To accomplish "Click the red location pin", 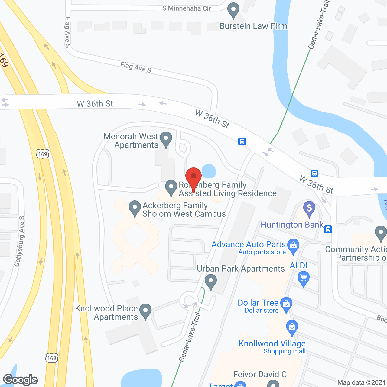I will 193,177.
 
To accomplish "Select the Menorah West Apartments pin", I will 166,139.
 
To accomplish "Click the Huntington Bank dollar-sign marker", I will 309,209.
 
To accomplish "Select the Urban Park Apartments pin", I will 211,281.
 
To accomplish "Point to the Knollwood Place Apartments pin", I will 145,311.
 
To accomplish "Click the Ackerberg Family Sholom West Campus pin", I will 135,208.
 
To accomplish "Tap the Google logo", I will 21,380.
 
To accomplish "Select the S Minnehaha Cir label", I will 186,8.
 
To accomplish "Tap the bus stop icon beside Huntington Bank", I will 328,229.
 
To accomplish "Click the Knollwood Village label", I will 272,343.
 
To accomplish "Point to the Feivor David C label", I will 260,374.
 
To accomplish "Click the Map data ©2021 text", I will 362,382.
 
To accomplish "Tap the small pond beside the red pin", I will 209,171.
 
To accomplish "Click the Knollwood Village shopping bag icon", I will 292,327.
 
